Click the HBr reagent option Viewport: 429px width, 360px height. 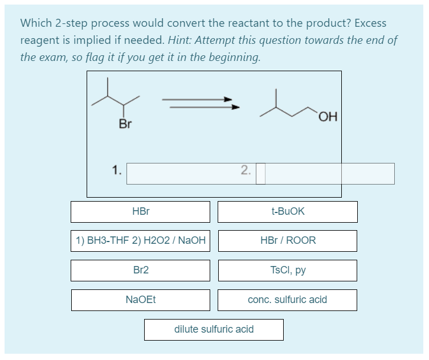[x=140, y=211]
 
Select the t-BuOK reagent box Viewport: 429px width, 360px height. [x=287, y=211]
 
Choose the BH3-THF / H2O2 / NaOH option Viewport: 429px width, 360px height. [x=140, y=240]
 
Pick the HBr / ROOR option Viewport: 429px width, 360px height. [x=287, y=240]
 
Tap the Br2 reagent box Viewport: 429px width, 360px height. [x=140, y=270]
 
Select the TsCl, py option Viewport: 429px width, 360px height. [x=287, y=270]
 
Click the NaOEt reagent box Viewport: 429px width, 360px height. [x=140, y=300]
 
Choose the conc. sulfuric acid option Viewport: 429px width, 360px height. [x=287, y=300]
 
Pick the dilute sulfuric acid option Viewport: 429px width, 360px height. [x=214, y=329]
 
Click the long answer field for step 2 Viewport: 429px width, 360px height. [x=329, y=174]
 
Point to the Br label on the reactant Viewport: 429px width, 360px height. [x=125, y=124]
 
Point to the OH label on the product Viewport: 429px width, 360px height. [x=329, y=117]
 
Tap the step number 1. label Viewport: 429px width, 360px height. [x=116, y=170]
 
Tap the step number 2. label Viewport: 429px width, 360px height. [x=245, y=170]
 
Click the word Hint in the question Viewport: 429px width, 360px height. [x=181, y=40]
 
